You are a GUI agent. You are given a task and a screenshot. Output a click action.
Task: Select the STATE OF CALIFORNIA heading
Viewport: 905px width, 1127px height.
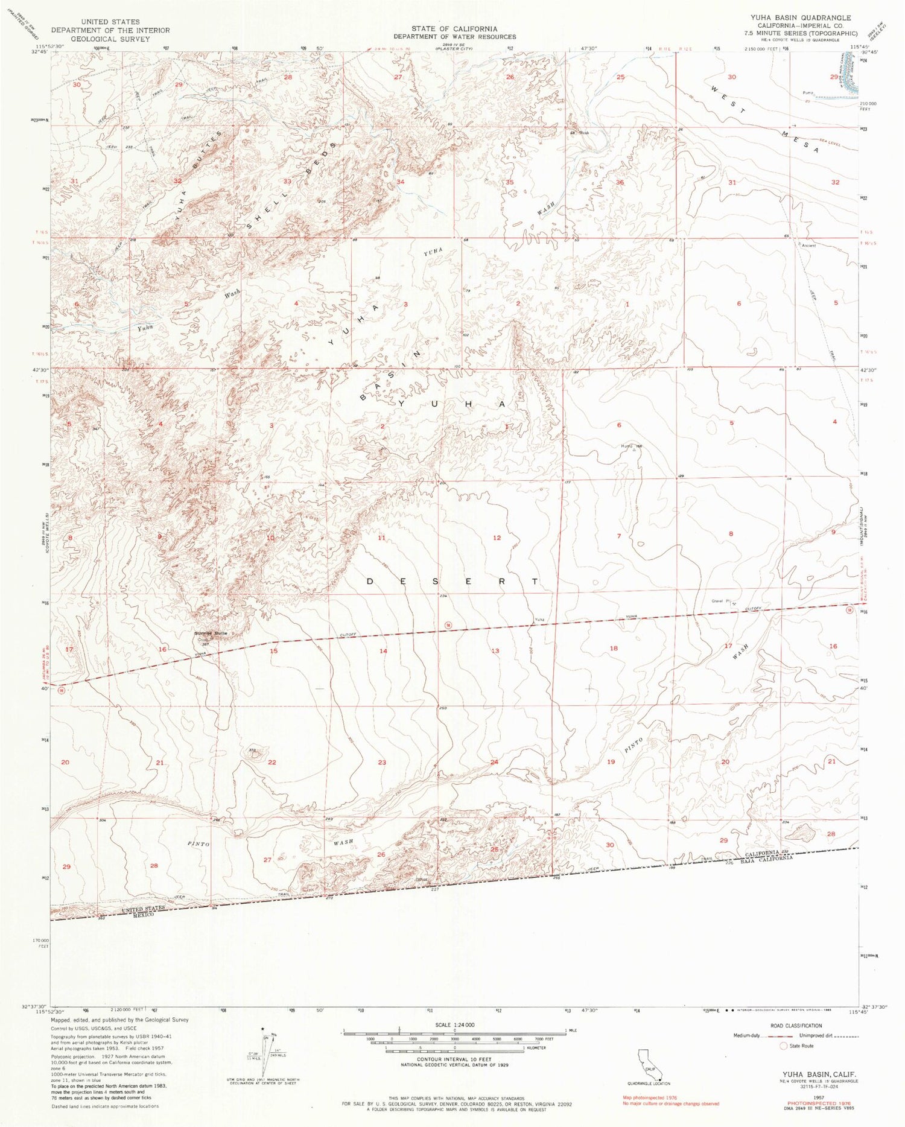coord(455,28)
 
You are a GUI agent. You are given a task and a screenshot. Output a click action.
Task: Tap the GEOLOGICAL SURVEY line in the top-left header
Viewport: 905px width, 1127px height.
coord(110,39)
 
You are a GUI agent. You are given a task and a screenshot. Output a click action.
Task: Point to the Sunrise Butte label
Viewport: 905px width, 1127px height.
coord(211,633)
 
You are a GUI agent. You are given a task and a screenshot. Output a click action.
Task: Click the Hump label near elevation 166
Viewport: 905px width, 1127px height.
coord(623,447)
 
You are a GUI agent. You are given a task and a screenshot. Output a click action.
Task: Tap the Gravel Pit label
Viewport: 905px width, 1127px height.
coord(720,602)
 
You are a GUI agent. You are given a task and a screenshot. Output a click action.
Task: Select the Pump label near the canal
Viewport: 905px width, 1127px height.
coord(808,92)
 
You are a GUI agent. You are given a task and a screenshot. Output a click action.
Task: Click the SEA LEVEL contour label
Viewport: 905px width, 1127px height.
coord(831,142)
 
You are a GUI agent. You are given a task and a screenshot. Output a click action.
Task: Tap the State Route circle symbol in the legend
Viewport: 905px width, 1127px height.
coord(784,1046)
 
